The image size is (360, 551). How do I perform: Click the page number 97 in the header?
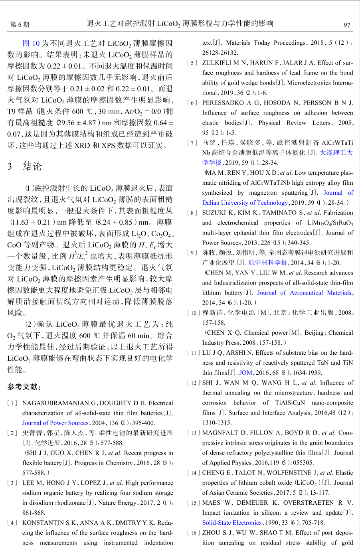point(347,24)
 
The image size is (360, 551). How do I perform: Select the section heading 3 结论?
point(24,166)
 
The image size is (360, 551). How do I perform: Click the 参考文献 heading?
point(24,387)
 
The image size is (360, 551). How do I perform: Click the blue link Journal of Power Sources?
point(55,423)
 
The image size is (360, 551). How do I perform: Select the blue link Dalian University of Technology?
point(245,203)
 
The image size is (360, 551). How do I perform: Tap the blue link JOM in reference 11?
point(245,373)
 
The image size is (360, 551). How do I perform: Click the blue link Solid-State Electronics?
point(231,523)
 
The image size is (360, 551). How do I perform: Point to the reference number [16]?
point(193,533)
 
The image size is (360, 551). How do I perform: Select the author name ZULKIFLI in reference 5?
point(218,63)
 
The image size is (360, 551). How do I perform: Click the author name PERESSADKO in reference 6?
point(223,103)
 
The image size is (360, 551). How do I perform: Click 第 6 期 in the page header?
point(20,24)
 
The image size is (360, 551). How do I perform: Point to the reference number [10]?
point(193,313)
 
